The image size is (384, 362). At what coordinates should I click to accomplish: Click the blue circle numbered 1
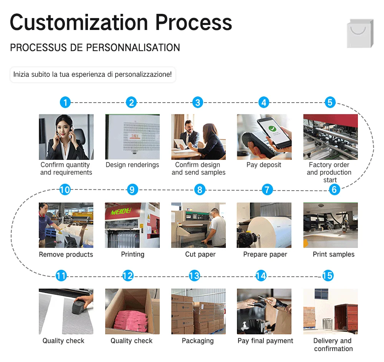(65, 103)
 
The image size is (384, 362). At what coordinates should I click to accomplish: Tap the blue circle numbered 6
(334, 189)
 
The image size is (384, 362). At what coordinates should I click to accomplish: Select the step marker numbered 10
(65, 189)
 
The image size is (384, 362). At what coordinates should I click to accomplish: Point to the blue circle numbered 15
(328, 276)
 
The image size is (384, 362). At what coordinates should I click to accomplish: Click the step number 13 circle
(195, 276)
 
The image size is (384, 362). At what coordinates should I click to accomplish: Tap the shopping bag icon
(360, 34)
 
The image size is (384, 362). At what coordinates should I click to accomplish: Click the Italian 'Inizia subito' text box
(93, 74)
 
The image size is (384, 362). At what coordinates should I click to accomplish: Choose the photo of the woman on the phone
(66, 136)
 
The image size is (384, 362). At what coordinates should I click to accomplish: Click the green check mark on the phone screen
(272, 130)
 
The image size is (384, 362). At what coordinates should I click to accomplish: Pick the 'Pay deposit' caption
(264, 165)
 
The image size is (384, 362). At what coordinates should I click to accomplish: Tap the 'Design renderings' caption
(132, 165)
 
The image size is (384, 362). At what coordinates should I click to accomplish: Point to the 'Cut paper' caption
(200, 254)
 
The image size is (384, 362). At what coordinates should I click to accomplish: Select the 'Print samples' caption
(333, 254)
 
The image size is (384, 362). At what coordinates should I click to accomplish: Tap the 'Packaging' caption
(198, 341)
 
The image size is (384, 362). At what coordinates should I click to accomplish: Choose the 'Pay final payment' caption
(265, 341)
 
